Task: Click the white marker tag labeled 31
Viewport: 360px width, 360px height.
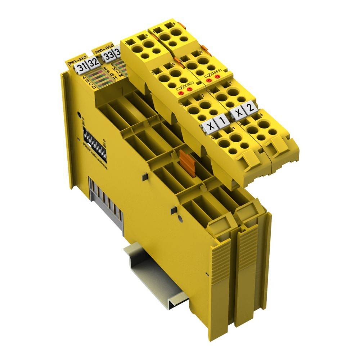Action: [x=82, y=67]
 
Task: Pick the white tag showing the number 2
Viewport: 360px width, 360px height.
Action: [x=249, y=107]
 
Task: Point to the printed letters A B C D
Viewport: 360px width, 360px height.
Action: [x=89, y=82]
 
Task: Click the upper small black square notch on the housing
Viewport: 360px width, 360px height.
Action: [x=144, y=177]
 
